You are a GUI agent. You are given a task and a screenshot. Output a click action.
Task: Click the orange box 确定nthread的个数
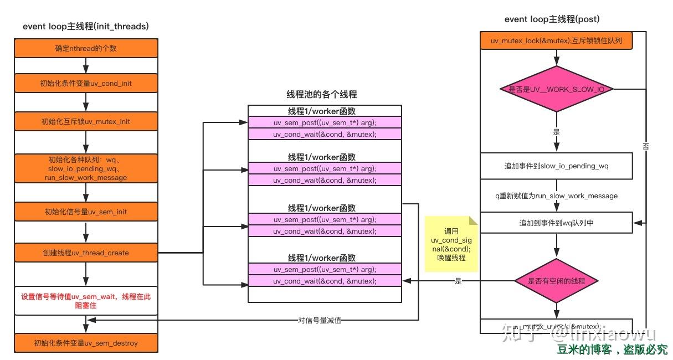coord(86,48)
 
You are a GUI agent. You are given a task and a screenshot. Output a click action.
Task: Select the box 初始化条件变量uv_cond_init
coord(86,83)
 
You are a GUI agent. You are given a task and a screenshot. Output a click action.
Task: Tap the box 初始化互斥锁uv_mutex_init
coord(86,121)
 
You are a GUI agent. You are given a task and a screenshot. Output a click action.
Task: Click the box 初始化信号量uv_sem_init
coord(86,212)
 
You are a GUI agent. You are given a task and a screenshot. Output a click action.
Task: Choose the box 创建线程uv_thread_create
coord(86,253)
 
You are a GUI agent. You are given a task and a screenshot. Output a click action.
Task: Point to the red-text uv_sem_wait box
coord(86,301)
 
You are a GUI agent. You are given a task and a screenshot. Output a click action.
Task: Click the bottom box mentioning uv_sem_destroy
coord(86,343)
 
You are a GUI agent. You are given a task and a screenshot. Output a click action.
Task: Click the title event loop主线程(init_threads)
coord(85,26)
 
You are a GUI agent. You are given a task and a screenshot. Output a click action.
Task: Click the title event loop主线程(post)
coord(552,19)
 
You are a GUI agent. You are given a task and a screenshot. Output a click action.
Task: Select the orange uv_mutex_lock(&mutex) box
coord(556,40)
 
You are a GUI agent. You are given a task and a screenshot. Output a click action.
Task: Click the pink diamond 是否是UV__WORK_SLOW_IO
coord(556,89)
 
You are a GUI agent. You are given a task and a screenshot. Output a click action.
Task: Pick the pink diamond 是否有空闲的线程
coord(556,281)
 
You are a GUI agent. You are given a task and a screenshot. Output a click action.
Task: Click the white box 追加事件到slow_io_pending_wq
coord(556,166)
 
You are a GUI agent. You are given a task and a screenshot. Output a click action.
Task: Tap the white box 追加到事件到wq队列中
coord(556,223)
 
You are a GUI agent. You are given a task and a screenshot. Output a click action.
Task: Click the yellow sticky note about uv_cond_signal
coord(451,244)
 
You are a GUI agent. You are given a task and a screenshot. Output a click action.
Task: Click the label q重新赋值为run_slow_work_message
coord(556,196)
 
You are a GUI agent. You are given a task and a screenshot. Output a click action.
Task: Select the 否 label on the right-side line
coord(646,147)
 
